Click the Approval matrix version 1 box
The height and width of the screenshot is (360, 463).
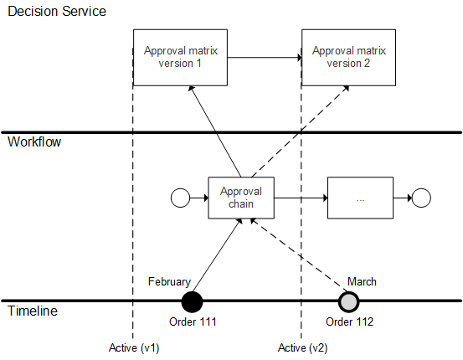click(x=180, y=57)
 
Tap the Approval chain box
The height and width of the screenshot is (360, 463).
click(x=241, y=198)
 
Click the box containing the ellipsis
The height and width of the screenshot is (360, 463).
click(x=360, y=198)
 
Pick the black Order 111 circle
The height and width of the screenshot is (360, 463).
click(x=193, y=301)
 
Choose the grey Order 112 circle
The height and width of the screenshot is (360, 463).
click(x=348, y=301)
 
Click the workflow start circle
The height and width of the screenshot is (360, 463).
click(x=180, y=198)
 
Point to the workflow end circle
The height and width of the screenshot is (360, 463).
click(x=421, y=198)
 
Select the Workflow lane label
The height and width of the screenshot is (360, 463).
click(x=34, y=142)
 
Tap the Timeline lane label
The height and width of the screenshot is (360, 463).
click(x=33, y=311)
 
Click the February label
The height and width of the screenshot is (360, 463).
click(x=170, y=282)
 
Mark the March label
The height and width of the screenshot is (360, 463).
click(x=361, y=282)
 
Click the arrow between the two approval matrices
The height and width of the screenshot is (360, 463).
click(x=264, y=58)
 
